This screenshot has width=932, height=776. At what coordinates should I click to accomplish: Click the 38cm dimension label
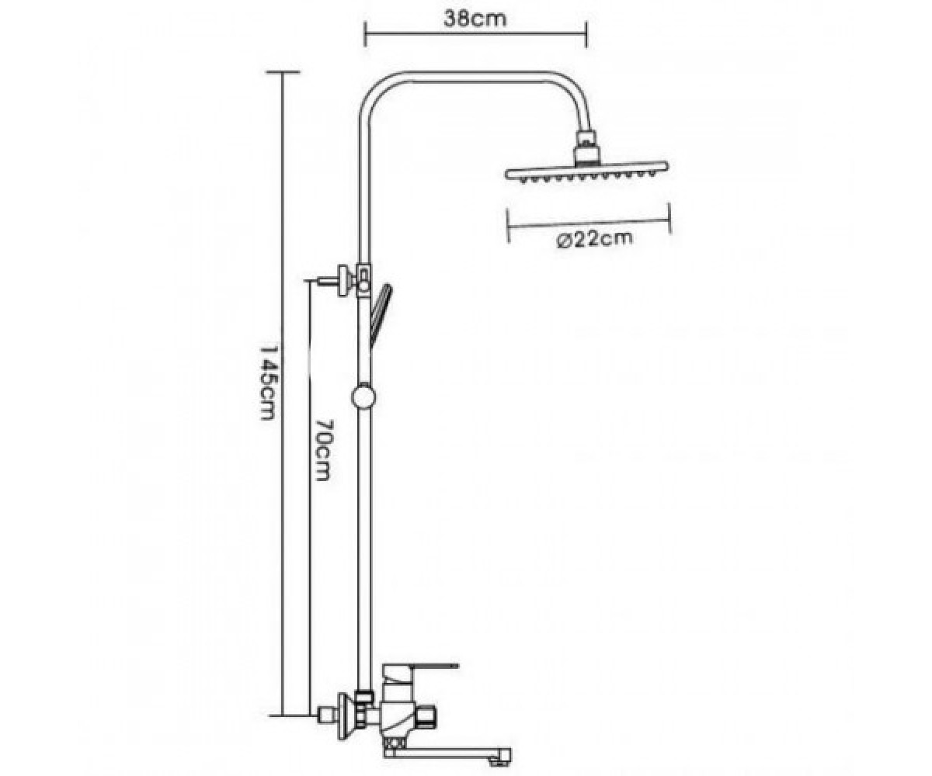(x=475, y=19)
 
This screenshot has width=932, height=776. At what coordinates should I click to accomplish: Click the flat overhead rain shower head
(x=587, y=171)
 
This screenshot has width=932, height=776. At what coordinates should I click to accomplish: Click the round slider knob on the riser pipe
(x=363, y=397)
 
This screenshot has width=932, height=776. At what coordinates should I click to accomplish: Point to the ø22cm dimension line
(x=589, y=223)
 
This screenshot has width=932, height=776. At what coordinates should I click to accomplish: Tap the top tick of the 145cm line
(x=283, y=72)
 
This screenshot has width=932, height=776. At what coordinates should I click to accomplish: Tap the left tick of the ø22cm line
(x=509, y=226)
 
